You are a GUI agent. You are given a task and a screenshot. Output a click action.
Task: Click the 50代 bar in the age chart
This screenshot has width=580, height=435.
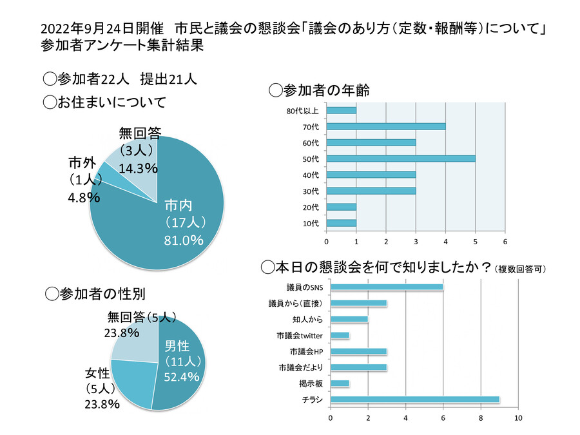pyautogui.click(x=401, y=158)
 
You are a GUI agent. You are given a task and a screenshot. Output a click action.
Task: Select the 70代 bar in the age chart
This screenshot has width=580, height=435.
pyautogui.click(x=386, y=126)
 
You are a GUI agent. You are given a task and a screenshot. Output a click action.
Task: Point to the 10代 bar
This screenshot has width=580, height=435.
pyautogui.click(x=342, y=223)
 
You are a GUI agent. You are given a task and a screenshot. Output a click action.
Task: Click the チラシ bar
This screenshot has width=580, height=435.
pyautogui.click(x=415, y=400)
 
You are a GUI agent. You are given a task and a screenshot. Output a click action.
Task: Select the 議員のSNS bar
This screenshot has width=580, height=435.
pyautogui.click(x=387, y=287)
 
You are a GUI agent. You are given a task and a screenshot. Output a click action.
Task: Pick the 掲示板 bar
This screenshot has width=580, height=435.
pyautogui.click(x=340, y=383)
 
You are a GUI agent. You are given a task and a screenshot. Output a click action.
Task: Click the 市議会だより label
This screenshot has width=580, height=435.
pyautogui.click(x=301, y=367)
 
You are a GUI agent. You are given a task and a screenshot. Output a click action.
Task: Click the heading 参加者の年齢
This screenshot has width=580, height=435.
pyautogui.click(x=318, y=88)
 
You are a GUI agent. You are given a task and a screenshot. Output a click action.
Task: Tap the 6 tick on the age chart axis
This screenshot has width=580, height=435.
pyautogui.click(x=505, y=242)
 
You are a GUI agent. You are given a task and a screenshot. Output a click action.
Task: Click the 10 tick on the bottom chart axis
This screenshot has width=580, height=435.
pyautogui.click(x=518, y=417)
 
